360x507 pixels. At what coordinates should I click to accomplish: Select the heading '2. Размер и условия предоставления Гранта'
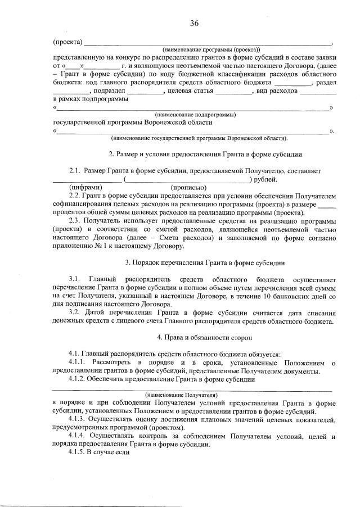pos(206,153)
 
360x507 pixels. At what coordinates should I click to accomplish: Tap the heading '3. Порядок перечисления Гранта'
pos(206,262)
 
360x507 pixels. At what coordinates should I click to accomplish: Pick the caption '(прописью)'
pos(188,187)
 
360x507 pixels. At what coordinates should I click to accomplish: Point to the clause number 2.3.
pos(76,222)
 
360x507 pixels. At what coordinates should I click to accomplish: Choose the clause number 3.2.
pos(75,313)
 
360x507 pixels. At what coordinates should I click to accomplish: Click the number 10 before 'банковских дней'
pos(273,295)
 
